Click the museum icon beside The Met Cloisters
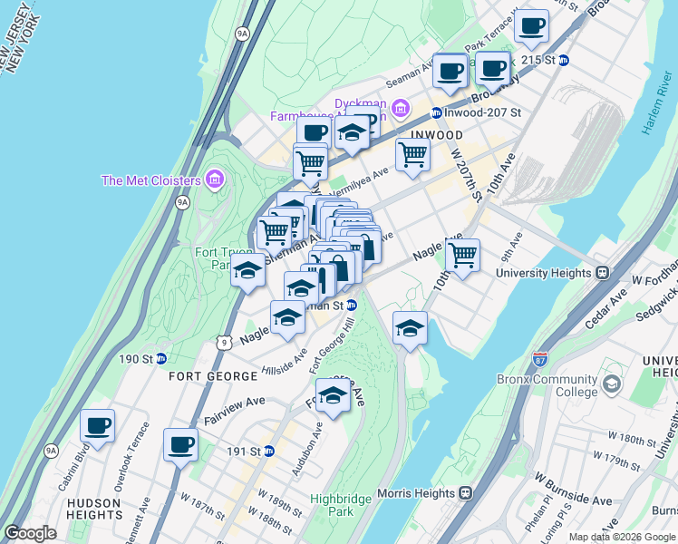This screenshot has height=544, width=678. point(214,180)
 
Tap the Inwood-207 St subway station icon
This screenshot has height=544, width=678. point(437,113)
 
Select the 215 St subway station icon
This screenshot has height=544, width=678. point(564,60)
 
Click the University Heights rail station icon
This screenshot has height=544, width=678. point(601,272)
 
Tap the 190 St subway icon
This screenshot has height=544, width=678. point(160,358)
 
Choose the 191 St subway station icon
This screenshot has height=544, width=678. point(268,451)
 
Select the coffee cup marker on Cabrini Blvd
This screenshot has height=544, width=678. point(98,424)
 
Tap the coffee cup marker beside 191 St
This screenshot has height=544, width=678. point(180,444)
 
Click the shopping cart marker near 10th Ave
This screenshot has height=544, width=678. point(462,254)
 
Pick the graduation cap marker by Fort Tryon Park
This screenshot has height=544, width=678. point(247,270)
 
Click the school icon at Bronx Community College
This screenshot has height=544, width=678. point(613,385)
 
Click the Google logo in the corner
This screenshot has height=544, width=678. point(30,533)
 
